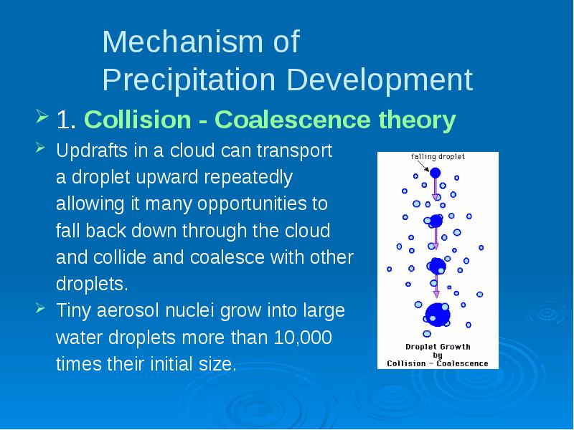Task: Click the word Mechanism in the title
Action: (x=182, y=42)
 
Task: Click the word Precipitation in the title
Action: (x=189, y=80)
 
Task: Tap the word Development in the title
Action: (x=380, y=80)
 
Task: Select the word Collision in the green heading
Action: (x=138, y=120)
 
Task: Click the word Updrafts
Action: (x=92, y=150)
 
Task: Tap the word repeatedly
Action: (x=248, y=178)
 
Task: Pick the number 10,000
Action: (x=303, y=337)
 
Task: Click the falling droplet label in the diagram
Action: (x=438, y=157)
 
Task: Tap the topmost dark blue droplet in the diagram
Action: (x=435, y=173)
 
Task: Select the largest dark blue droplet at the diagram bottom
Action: (x=438, y=315)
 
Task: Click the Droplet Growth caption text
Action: (x=438, y=347)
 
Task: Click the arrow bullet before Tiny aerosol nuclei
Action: (x=40, y=308)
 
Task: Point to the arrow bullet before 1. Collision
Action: (x=42, y=117)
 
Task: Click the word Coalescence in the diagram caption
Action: (x=462, y=363)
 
